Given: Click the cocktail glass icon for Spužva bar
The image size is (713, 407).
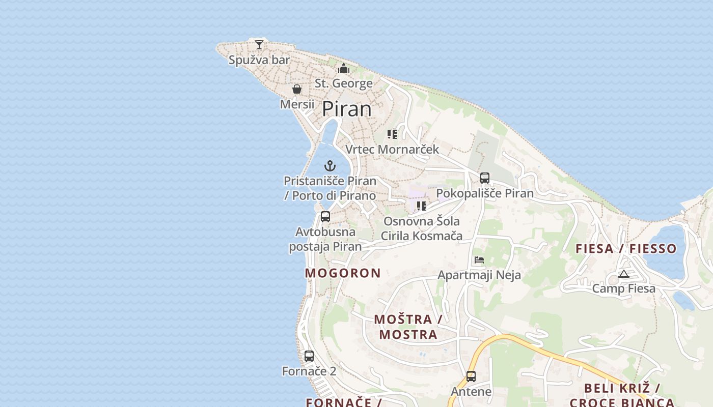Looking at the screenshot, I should point(259,45).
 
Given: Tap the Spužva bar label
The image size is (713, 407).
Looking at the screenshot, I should point(259,60).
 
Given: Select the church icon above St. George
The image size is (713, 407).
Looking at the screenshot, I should point(344,68).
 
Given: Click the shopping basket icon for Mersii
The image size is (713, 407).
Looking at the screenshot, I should point(297,90).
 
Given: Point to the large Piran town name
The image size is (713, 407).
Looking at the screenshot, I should point(347,109).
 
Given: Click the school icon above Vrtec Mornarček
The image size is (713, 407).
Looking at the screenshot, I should point(392,134).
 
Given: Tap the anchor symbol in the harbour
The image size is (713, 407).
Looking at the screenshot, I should point(330,166).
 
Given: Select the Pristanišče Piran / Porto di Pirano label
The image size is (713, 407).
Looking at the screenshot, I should point(330,188).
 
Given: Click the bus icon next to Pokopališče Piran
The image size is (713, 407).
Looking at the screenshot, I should point(485,178).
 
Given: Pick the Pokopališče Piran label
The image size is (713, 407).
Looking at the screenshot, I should point(485,193).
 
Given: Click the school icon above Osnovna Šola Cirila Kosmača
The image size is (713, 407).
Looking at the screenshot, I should point(421,206).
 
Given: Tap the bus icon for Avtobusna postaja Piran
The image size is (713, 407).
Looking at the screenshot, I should point(325,217).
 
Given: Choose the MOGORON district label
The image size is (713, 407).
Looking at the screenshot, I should point(343,273).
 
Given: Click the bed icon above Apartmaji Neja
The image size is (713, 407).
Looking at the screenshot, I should point(479,260).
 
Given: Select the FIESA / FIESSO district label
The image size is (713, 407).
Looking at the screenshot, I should point(626,249).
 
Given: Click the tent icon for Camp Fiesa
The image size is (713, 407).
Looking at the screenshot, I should point(624,274).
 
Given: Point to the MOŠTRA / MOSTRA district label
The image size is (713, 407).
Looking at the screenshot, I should point(408,327).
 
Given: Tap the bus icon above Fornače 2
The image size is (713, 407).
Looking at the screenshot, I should point(309,356).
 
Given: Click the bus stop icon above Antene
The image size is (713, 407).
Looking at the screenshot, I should point(471,376).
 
